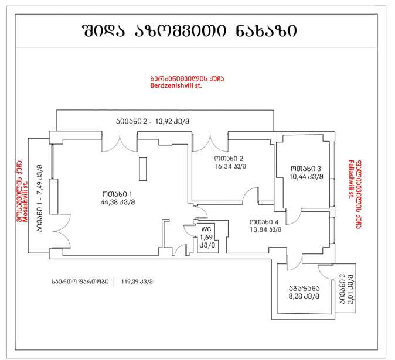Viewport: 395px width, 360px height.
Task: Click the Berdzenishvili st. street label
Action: click(x=176, y=85)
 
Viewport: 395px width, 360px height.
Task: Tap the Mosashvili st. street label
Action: click(x=25, y=203)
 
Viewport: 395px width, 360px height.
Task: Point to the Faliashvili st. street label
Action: click(x=351, y=179)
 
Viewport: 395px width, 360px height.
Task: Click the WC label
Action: click(x=206, y=229)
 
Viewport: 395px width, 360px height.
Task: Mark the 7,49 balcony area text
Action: click(x=40, y=176)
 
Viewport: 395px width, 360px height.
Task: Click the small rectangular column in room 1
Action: click(x=143, y=169)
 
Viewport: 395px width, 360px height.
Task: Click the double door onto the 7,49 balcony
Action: click(x=62, y=231)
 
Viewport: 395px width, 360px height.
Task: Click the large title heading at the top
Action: click(x=190, y=31)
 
